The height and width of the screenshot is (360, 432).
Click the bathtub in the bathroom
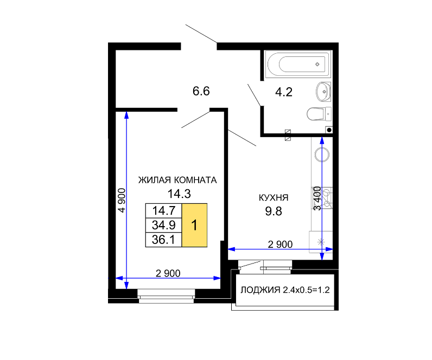click(297, 64)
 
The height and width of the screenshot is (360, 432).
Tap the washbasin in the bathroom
click(323, 92)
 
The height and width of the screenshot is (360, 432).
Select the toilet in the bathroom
click(319, 114)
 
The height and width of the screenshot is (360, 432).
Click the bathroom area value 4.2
click(283, 92)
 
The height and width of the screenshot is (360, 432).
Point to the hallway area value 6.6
click(201, 91)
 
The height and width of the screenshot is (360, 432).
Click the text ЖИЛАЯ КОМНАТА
click(177, 180)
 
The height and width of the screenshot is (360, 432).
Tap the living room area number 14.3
click(179, 194)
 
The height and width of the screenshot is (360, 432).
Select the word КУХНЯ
click(274, 197)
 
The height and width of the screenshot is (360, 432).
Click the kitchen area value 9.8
click(274, 211)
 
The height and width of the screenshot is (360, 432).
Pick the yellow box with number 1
click(194, 225)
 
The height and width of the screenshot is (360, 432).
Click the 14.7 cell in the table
click(164, 211)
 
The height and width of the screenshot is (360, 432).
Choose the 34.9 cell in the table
click(164, 225)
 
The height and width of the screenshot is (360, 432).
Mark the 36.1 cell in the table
click(164, 240)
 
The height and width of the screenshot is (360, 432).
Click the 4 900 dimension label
click(122, 201)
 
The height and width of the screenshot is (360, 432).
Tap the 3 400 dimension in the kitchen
click(317, 198)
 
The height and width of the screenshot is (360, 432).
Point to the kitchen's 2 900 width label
click(280, 244)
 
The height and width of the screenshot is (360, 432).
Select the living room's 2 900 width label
click(168, 273)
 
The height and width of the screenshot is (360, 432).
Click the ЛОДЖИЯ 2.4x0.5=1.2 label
click(285, 290)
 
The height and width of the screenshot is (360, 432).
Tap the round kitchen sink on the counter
click(322, 155)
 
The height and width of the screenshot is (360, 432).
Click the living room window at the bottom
click(166, 296)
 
